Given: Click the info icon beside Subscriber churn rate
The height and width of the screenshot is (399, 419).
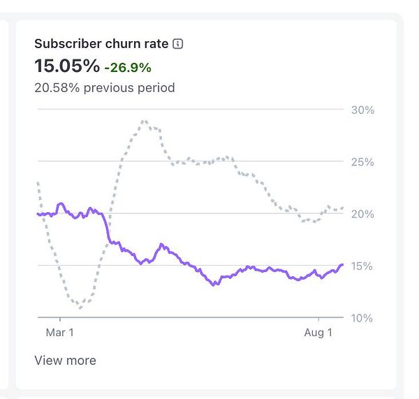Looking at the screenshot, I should [x=177, y=44].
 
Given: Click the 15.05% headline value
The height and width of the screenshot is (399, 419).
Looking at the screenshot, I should [x=67, y=66].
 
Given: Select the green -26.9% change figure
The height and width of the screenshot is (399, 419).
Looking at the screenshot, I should [x=128, y=68].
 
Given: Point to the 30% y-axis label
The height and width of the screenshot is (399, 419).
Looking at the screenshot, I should [x=362, y=110].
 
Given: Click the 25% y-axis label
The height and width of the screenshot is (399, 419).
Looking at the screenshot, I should [x=362, y=162].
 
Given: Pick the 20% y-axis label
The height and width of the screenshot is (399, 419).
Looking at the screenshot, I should [x=362, y=214].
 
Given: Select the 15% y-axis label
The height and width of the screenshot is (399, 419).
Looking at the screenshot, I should [x=362, y=266].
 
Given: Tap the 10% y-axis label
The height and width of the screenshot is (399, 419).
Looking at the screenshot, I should [x=362, y=318].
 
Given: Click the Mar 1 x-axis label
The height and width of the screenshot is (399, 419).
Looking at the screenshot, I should [x=59, y=333].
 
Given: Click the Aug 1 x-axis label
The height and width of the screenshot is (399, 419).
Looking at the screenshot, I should [x=318, y=333].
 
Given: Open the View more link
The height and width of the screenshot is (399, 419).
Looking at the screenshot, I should [x=65, y=361].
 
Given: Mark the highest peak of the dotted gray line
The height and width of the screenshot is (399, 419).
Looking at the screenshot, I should [x=144, y=121].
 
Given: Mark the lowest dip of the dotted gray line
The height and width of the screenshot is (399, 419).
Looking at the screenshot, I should [x=80, y=308].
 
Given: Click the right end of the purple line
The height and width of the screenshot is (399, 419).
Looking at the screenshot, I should [x=342, y=264].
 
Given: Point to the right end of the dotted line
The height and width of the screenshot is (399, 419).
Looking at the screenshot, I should [x=342, y=208].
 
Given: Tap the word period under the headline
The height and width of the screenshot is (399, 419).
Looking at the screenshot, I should [x=156, y=88].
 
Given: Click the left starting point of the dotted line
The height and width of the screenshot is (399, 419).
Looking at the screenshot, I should [x=38, y=183].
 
